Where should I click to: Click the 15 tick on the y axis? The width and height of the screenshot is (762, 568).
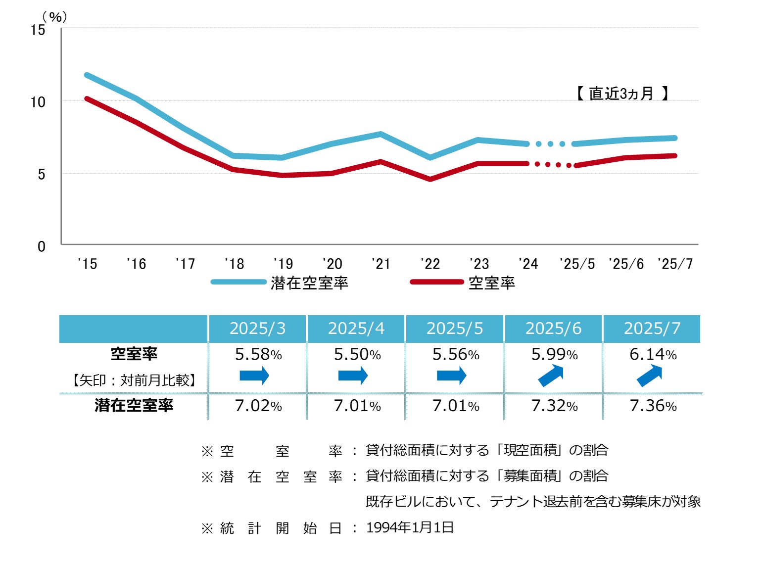(x=38, y=30)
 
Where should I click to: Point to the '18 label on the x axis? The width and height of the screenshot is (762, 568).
(x=234, y=264)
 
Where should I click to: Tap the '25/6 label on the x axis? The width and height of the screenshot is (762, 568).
(x=626, y=264)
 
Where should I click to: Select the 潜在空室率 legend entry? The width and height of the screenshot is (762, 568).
(x=309, y=283)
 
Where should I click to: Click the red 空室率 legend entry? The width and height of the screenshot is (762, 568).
(x=491, y=283)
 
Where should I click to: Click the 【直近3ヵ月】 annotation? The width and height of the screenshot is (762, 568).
(x=622, y=93)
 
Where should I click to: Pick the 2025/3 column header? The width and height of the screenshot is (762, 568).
(x=257, y=329)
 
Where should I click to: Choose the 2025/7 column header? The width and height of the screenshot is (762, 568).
(x=652, y=329)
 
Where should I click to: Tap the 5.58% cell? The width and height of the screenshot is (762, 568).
(x=258, y=354)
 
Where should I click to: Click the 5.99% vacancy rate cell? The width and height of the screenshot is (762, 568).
(x=554, y=354)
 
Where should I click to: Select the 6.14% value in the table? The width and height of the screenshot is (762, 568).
(x=653, y=354)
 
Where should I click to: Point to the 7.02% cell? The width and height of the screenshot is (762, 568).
(x=258, y=406)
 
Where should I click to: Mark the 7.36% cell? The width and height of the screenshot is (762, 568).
(x=653, y=406)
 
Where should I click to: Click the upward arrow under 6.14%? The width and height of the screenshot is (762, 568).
(x=649, y=376)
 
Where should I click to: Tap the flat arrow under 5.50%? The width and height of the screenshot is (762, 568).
(x=353, y=376)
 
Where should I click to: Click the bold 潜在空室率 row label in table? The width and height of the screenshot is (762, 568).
(x=134, y=405)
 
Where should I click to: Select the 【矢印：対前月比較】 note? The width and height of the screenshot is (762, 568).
(x=134, y=380)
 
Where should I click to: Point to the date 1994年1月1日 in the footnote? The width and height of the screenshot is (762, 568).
(x=410, y=527)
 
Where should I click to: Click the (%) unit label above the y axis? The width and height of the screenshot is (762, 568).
(x=55, y=17)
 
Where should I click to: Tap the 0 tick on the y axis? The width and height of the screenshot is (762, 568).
(x=41, y=246)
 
